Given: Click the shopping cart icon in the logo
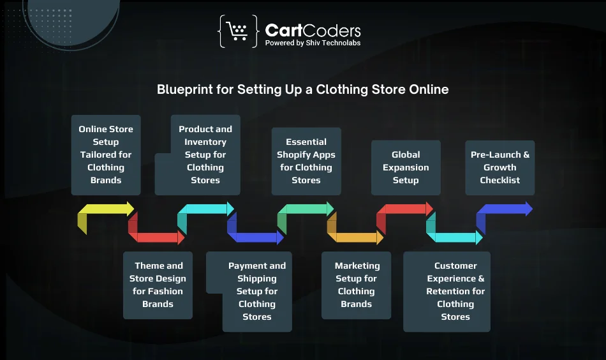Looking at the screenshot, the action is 237,31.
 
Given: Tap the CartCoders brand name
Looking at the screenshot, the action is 313,30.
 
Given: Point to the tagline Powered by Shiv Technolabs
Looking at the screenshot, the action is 313,43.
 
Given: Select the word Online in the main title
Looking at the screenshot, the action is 429,89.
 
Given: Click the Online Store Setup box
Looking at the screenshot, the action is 106,154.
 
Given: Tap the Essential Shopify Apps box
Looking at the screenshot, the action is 306,161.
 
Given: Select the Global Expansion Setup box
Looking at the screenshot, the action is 406,167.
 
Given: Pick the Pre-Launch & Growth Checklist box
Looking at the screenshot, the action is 499,167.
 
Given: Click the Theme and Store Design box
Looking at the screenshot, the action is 158,285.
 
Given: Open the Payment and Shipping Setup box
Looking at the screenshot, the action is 257,291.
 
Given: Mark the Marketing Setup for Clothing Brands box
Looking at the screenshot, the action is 356,285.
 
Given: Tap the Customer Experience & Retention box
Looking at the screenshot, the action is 447,291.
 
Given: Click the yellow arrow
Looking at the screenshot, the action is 105,209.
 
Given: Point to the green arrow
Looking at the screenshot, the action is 306,209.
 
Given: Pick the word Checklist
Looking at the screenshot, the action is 499,180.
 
